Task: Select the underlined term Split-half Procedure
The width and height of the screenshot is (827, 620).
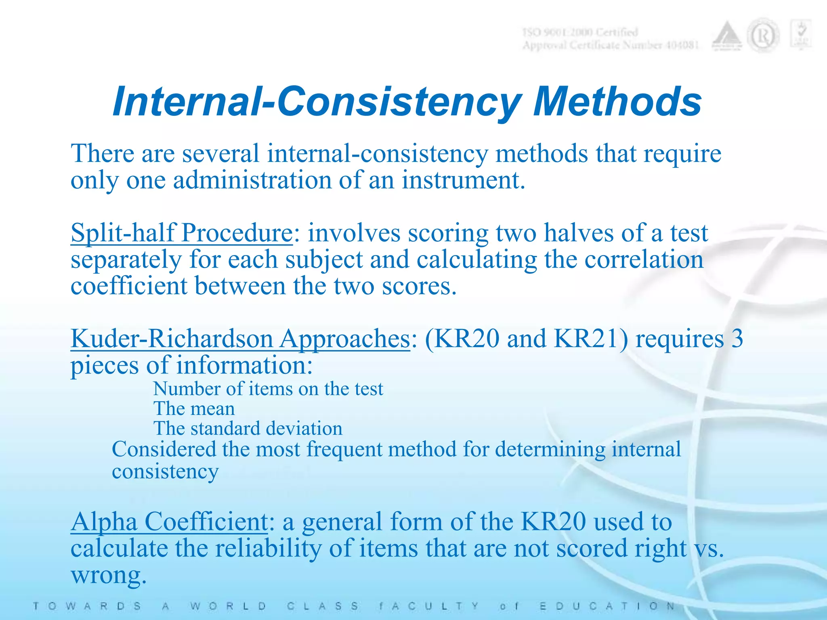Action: (x=181, y=233)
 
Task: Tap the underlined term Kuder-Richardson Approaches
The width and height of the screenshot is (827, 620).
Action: (x=240, y=339)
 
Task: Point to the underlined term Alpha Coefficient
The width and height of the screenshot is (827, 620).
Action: (x=169, y=522)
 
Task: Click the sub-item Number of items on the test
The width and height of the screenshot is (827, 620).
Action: (x=268, y=389)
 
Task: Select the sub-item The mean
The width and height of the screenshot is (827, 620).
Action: (x=194, y=409)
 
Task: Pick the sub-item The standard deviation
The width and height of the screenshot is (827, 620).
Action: (x=248, y=429)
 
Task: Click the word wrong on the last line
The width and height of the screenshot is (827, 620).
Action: (x=108, y=575)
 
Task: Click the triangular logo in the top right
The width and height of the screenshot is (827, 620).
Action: (x=726, y=37)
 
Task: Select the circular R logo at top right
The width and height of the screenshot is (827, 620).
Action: (x=762, y=37)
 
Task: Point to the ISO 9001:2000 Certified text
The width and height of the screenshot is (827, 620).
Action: (x=580, y=32)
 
